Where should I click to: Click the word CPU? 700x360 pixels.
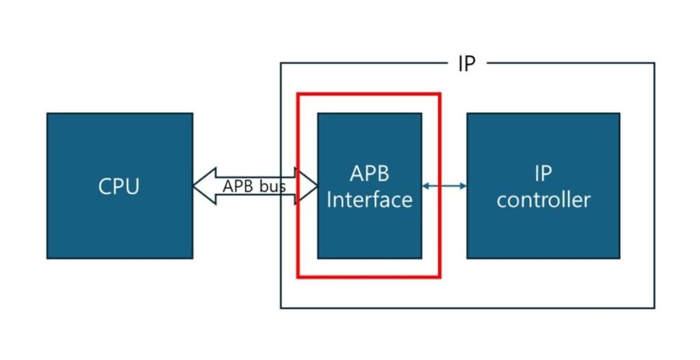click(120, 186)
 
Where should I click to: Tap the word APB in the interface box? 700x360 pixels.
click(369, 174)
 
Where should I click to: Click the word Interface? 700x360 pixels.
click(369, 199)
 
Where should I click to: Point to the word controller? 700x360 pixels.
click(543, 199)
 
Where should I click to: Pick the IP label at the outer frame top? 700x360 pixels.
click(466, 64)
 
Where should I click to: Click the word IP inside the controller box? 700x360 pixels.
click(543, 174)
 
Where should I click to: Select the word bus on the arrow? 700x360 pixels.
click(272, 186)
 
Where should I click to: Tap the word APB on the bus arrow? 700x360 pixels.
click(239, 186)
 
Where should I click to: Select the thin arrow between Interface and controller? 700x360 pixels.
click(444, 186)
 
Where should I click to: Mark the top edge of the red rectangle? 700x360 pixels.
click(369, 94)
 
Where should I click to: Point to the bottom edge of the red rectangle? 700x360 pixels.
click(369, 277)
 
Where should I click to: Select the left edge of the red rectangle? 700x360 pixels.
click(298, 225)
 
